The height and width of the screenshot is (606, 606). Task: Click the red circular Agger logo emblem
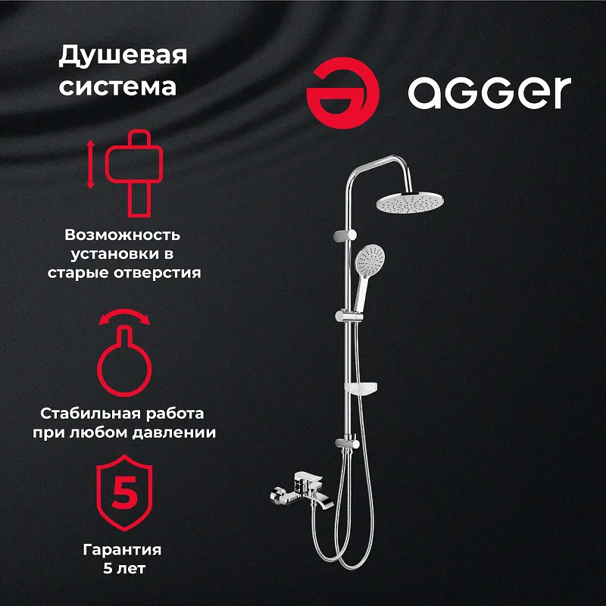tap(342, 93)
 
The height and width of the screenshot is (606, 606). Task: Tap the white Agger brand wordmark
tap(489, 92)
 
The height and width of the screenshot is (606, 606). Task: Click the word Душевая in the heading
tap(123, 56)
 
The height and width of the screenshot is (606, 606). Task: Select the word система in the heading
tap(117, 86)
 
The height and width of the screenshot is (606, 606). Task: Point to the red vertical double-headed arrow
tap(90, 164)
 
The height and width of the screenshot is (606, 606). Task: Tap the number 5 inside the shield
tap(124, 492)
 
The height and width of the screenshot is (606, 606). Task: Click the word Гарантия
tap(122, 550)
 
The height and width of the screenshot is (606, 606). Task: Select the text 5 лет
tap(124, 568)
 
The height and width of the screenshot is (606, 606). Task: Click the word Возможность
tap(122, 235)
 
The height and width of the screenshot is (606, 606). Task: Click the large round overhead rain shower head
tap(410, 201)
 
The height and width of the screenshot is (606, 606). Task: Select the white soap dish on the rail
tap(361, 387)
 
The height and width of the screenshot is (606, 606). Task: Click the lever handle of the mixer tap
tap(308, 478)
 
